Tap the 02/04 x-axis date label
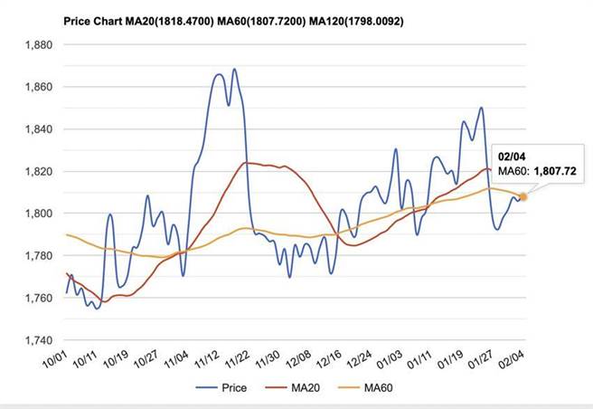513,363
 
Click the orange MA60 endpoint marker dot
524,196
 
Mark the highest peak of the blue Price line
234,69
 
